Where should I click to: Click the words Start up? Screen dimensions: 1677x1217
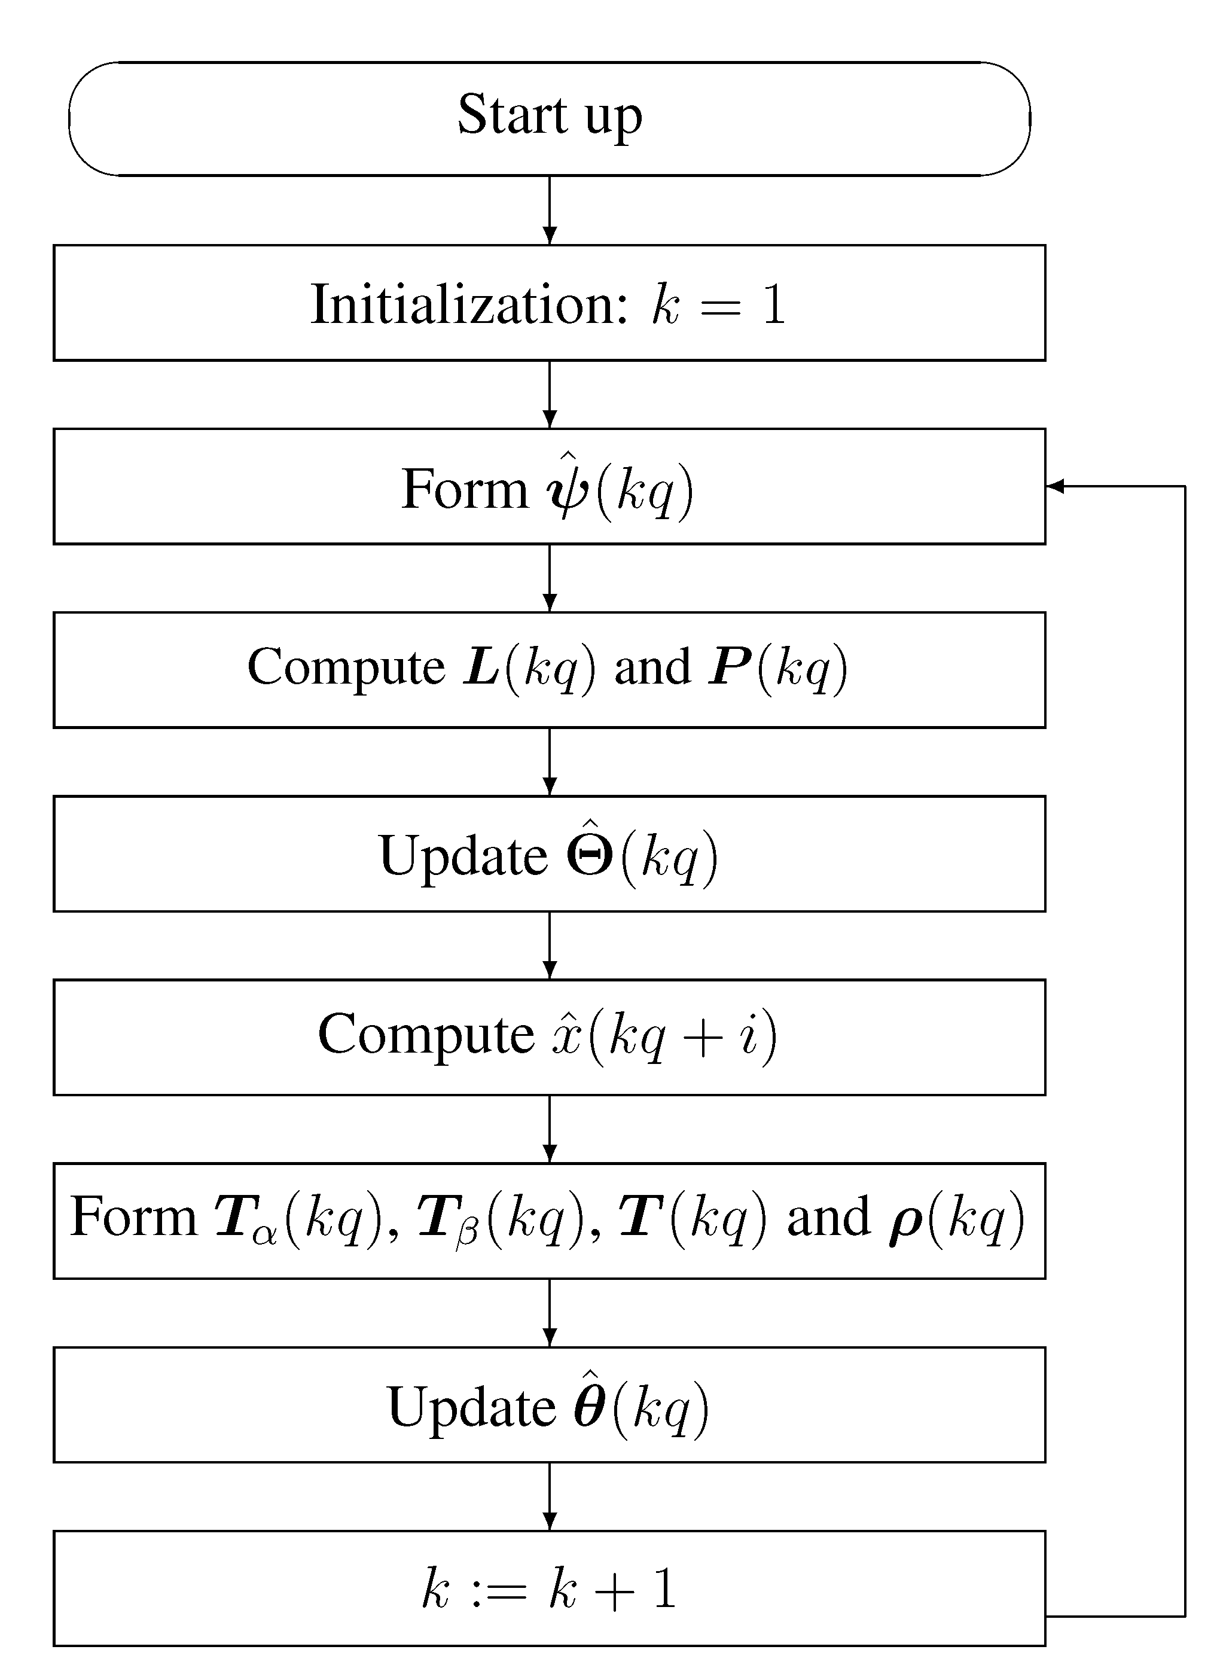click(550, 115)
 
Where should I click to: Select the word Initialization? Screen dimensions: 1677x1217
click(469, 304)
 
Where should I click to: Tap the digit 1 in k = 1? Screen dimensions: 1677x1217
click(773, 304)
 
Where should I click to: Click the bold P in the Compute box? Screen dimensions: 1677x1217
click(728, 667)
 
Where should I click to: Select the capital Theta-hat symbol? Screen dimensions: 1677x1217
click(589, 853)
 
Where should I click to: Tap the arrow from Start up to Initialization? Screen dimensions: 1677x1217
click(550, 210)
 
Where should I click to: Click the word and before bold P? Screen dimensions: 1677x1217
click(652, 667)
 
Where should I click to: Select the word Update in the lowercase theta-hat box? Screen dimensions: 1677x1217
click(471, 1407)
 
